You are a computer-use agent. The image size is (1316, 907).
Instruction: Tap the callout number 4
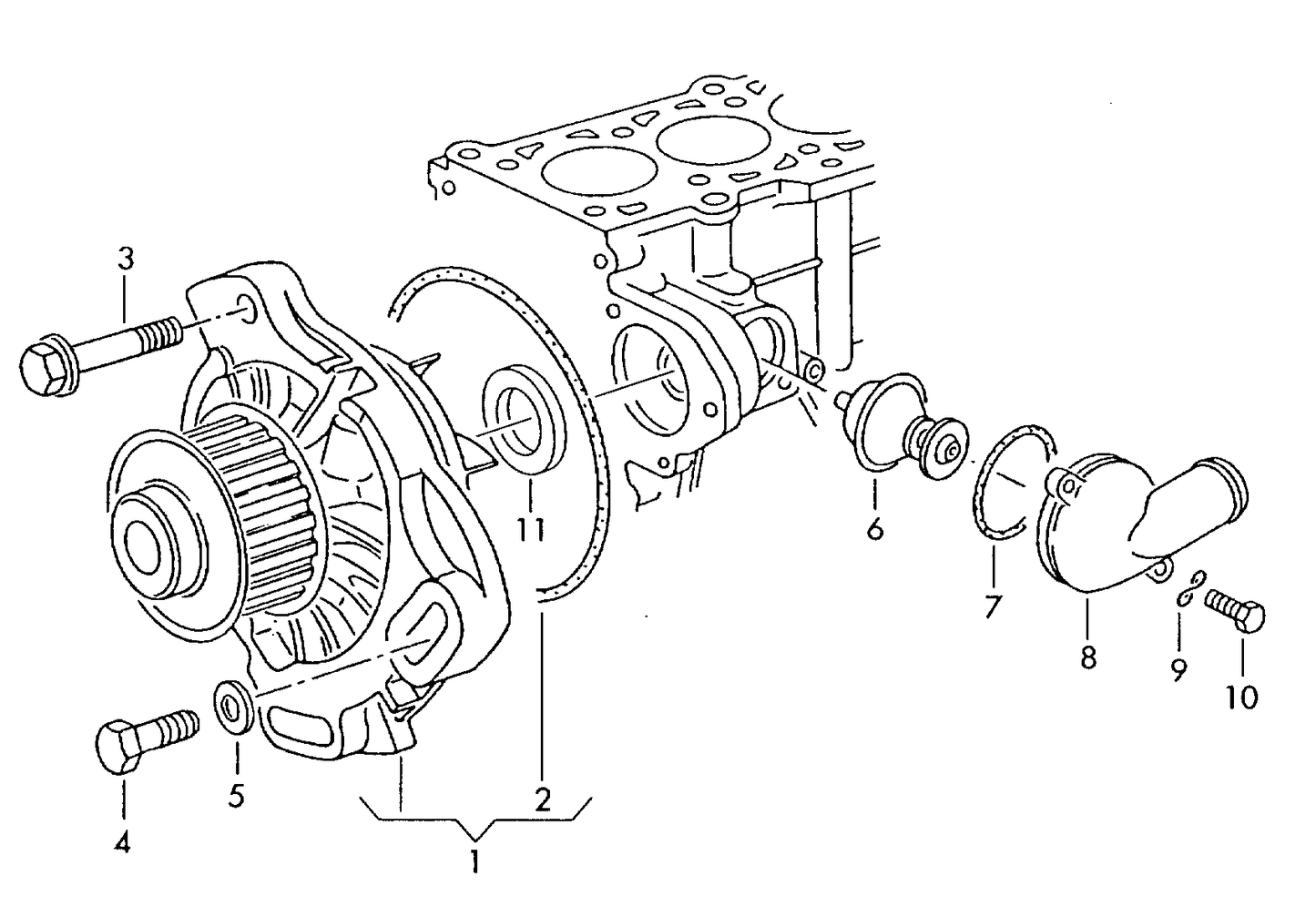122,843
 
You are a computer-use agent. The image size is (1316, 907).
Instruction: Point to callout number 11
530,529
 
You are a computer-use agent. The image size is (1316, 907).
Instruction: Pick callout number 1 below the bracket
474,861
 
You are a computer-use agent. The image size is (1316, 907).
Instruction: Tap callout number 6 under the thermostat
875,530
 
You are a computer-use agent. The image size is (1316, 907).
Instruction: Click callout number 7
993,606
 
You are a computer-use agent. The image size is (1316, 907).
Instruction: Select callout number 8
1088,657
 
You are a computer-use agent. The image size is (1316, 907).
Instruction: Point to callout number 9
1178,670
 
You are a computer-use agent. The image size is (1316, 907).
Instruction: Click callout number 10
1241,698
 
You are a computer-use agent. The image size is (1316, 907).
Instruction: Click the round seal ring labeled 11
523,419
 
